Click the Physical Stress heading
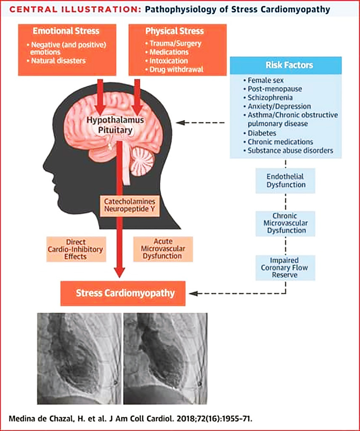click(175, 31)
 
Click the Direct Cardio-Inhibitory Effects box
click(76, 249)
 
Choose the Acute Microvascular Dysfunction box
click(162, 249)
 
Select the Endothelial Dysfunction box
click(286, 181)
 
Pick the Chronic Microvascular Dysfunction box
click(286, 223)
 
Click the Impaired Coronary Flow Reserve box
click(286, 267)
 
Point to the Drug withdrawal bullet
click(177, 69)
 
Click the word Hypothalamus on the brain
click(115, 120)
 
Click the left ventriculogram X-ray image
click(79, 358)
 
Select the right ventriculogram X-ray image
click(165, 358)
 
